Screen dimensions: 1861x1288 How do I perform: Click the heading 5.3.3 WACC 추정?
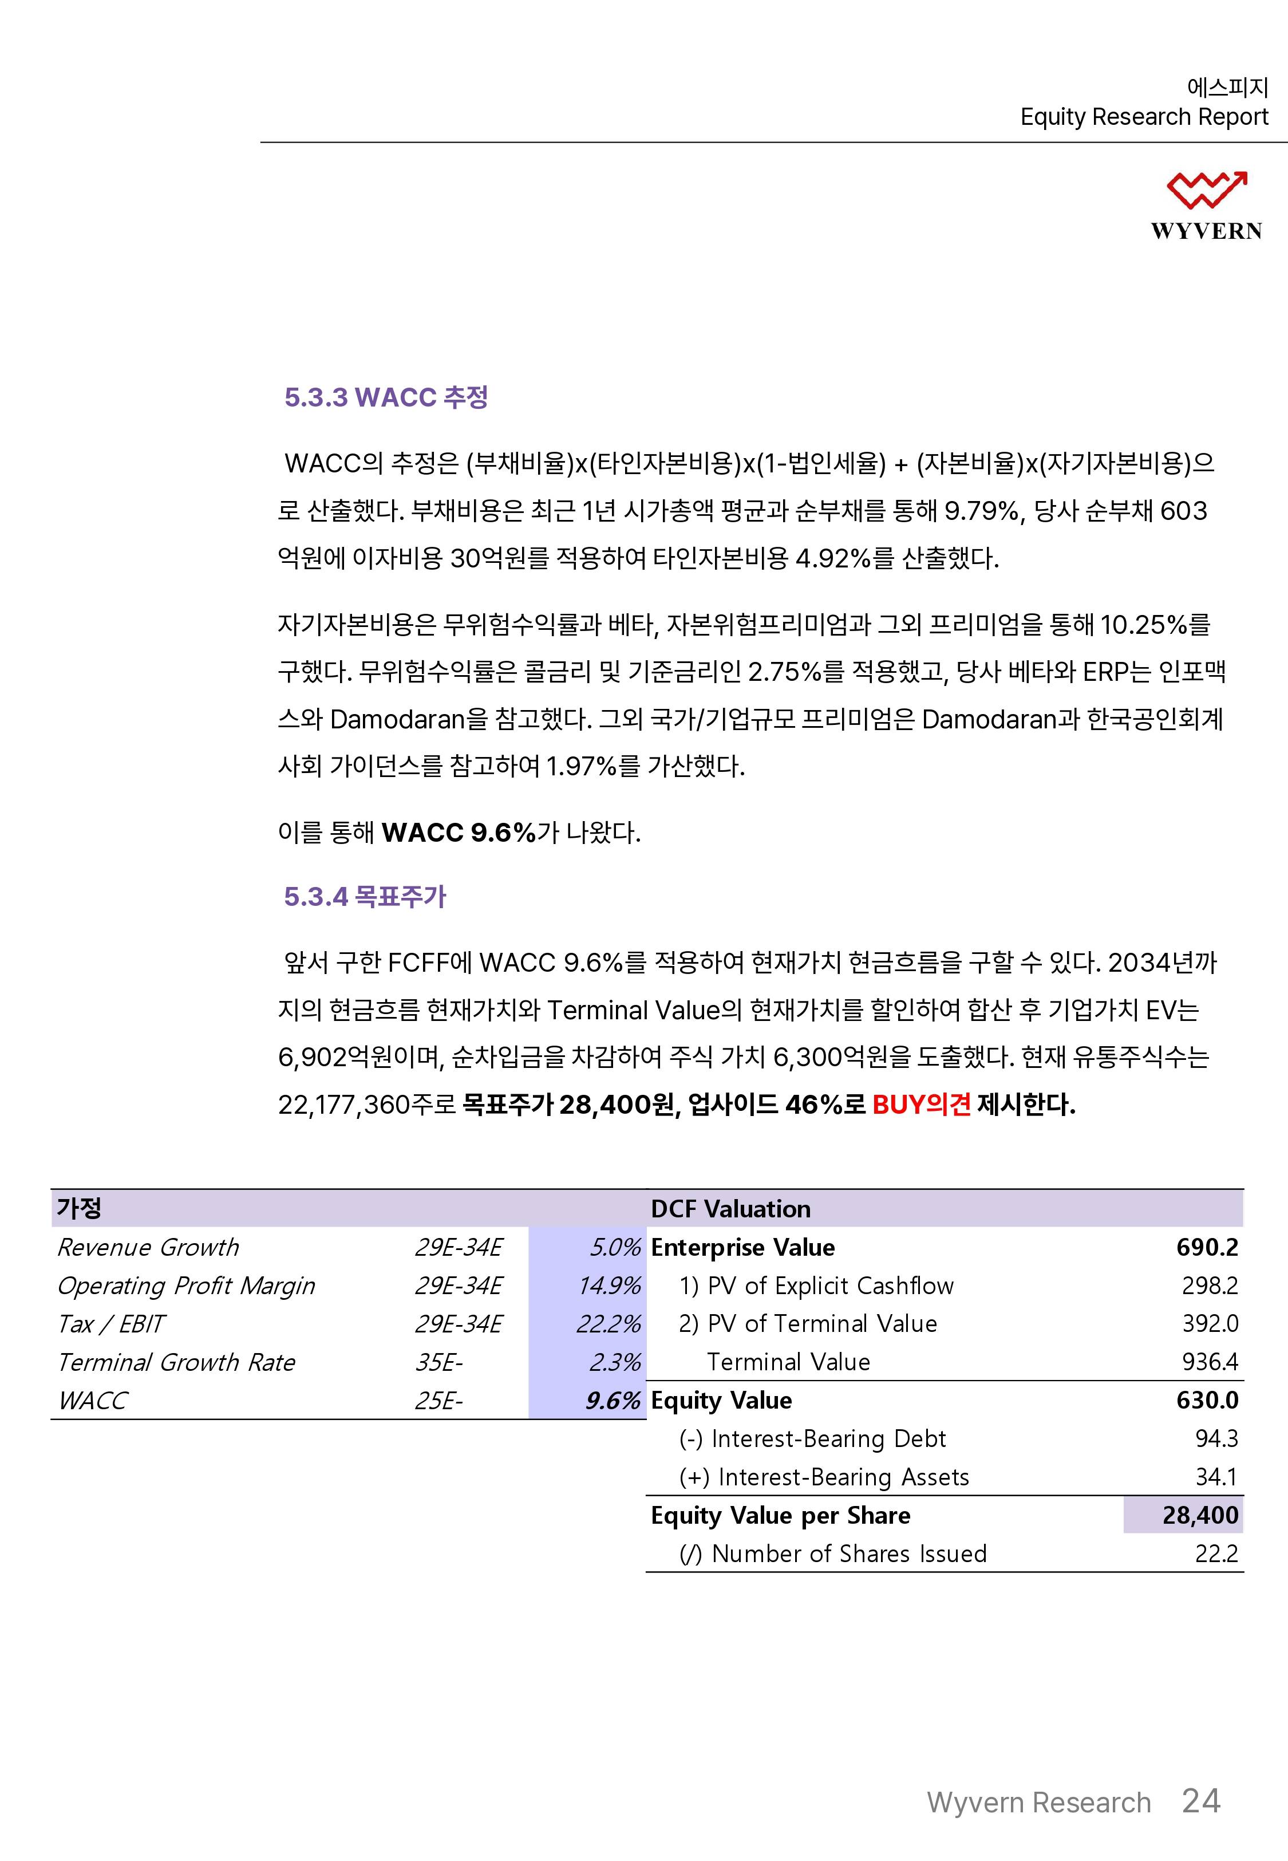point(386,397)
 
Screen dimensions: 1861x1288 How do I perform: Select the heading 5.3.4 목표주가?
point(365,897)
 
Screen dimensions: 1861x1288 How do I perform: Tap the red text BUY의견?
point(921,1104)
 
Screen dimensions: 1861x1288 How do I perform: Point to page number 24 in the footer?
point(1201,1800)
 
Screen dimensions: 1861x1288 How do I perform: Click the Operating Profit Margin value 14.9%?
point(609,1285)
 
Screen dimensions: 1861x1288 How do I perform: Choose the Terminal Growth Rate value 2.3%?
point(615,1362)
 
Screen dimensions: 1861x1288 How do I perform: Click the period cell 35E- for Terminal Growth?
point(439,1362)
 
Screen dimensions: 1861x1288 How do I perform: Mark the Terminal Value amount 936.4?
point(1210,1362)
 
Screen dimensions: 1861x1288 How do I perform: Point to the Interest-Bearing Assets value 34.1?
point(1216,1477)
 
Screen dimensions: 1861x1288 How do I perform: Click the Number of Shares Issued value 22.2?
point(1216,1554)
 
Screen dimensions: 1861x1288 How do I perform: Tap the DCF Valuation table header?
point(730,1208)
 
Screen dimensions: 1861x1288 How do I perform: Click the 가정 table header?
point(79,1208)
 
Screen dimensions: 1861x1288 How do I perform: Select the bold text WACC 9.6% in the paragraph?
point(459,832)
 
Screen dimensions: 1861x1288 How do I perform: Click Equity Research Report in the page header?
point(1144,117)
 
